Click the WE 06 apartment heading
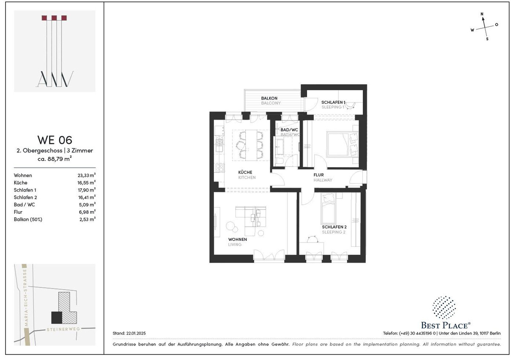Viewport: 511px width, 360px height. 55,140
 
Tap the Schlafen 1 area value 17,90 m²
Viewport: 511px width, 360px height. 87,190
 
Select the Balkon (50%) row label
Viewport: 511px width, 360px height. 28,219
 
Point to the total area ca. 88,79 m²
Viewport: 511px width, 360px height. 55,158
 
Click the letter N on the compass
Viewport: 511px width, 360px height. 482,14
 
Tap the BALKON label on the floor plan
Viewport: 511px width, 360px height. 269,98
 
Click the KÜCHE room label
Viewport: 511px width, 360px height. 245,172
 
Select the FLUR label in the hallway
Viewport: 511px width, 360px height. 319,175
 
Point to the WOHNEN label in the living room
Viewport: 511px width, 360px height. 238,240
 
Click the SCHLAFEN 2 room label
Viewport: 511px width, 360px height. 334,227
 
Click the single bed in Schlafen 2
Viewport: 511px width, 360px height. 328,209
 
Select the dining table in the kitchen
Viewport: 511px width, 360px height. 251,145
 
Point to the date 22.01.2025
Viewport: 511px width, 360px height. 136,333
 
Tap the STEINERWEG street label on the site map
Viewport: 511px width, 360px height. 63,329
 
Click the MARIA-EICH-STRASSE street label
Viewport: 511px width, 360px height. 26,298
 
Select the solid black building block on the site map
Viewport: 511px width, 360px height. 57,317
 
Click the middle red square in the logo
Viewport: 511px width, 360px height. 54,18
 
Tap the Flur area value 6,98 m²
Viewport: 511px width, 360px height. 87,212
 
